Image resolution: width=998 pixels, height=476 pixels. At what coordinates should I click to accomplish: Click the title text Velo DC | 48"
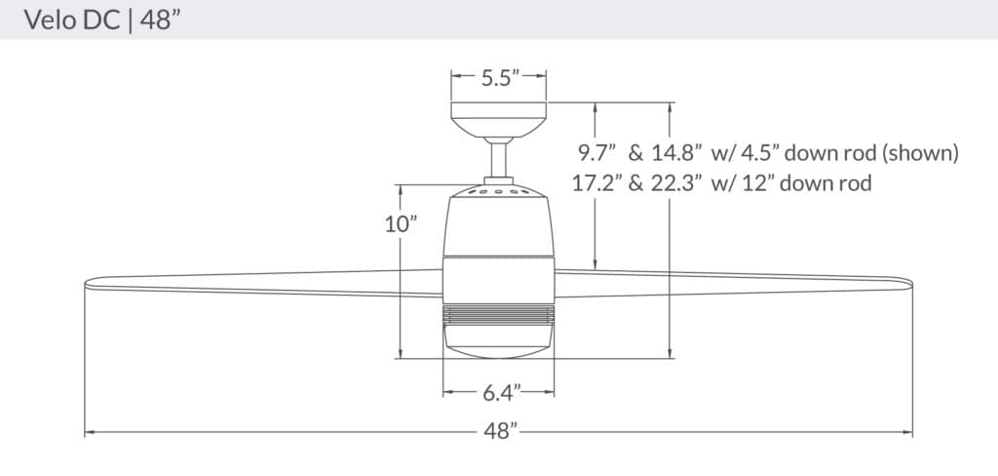click(x=94, y=20)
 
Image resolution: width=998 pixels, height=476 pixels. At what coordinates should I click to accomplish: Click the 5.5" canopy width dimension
click(x=498, y=79)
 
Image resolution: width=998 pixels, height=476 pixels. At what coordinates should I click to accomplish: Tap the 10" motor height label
click(x=400, y=223)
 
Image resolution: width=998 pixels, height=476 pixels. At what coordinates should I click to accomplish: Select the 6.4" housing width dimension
click(x=499, y=393)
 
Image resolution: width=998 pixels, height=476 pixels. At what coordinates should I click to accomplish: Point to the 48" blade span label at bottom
click(x=499, y=430)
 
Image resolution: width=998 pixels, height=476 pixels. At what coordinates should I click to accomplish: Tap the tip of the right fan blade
click(x=908, y=284)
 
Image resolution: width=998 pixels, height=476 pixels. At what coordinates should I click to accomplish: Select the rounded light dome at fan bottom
click(x=499, y=341)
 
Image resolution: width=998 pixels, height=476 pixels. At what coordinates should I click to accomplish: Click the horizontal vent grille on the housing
click(x=499, y=315)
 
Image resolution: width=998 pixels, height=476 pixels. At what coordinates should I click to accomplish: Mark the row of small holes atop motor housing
click(x=499, y=192)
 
